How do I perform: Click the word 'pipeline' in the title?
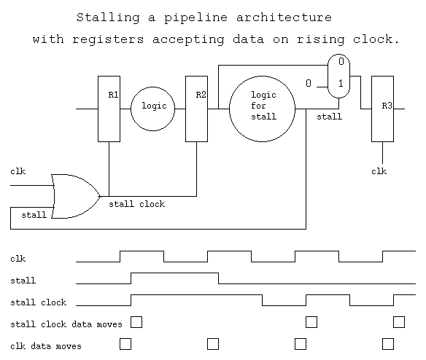coord(195,18)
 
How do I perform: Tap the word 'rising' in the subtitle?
coord(320,39)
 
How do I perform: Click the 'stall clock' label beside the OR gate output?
coord(136,204)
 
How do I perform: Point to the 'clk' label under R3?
coord(379,171)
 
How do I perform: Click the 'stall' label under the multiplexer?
coord(329,117)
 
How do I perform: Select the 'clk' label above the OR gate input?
coord(18,171)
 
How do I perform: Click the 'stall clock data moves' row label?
coord(66,324)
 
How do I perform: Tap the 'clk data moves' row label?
coord(46,346)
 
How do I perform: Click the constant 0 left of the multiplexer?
coord(309,83)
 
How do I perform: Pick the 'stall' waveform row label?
coord(23,281)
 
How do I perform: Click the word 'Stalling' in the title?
coord(108,18)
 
